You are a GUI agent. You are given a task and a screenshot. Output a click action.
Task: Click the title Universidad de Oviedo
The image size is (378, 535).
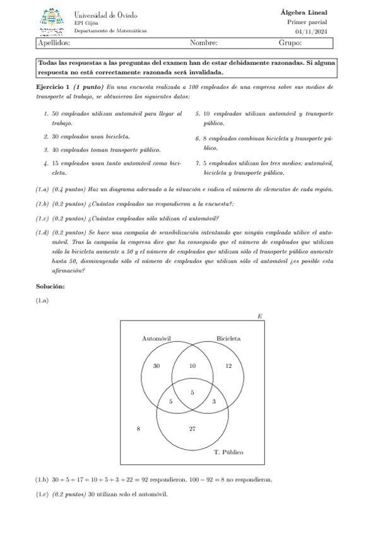point(105,15)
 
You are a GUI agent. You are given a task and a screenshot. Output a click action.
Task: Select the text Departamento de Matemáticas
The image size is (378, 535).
point(110,30)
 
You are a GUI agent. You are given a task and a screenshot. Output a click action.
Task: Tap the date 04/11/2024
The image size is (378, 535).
point(310,32)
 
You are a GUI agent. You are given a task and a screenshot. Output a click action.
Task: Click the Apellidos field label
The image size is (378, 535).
point(54,43)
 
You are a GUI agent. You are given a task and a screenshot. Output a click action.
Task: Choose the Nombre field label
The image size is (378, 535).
point(203,43)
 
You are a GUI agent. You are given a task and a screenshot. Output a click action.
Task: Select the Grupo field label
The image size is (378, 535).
point(290,43)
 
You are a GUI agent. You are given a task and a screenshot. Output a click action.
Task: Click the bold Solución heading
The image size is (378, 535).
point(50,287)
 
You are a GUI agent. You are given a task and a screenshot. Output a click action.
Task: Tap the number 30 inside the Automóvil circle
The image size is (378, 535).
point(156,366)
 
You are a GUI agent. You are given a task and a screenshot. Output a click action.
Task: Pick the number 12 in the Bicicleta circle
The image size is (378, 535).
point(228,366)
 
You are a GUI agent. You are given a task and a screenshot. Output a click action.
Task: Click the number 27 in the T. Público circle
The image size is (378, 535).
point(192,429)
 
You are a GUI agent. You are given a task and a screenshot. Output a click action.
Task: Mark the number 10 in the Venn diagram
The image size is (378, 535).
point(192,366)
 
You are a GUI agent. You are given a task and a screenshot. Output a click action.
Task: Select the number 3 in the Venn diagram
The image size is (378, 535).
point(214,401)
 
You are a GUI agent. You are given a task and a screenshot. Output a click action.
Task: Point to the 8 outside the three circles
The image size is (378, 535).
point(138,429)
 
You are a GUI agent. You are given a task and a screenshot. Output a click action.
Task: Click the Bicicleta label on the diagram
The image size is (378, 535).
point(228,338)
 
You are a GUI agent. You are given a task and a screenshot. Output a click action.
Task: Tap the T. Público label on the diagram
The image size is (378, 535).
point(228,452)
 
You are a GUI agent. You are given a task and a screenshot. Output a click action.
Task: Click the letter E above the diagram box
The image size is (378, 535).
point(260,315)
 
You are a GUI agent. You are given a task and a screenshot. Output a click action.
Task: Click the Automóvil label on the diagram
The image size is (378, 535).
point(157,338)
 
